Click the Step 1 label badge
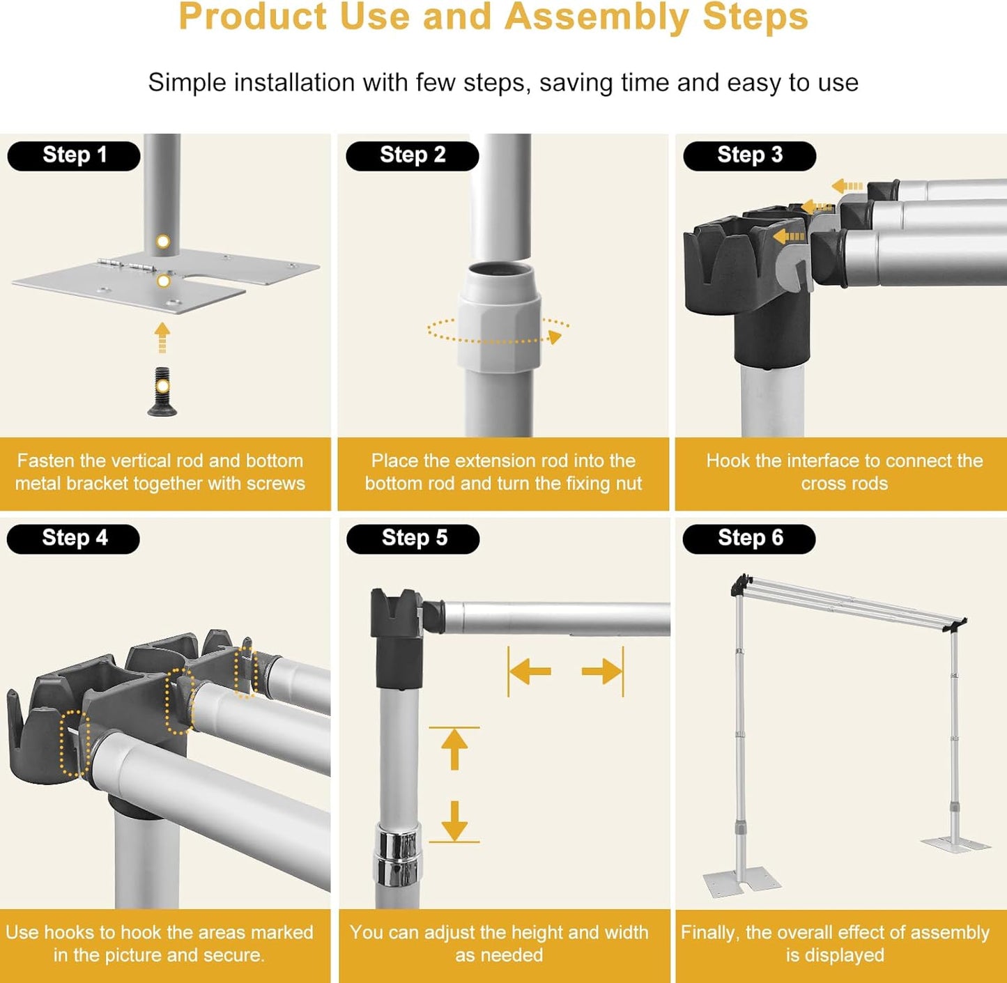pos(74,155)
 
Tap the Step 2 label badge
pos(412,155)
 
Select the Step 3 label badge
pos(749,155)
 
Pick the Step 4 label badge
pos(74,539)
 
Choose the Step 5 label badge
pos(413,539)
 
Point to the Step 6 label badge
pos(749,539)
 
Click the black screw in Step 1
pos(162,392)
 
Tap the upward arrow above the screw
pos(162,337)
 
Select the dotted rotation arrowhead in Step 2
pos(555,338)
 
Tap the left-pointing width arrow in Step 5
pos(530,672)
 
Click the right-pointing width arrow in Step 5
pos(601,672)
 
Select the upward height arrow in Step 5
pos(454,750)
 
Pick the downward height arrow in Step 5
pos(454,820)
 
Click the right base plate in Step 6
pos(955,844)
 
